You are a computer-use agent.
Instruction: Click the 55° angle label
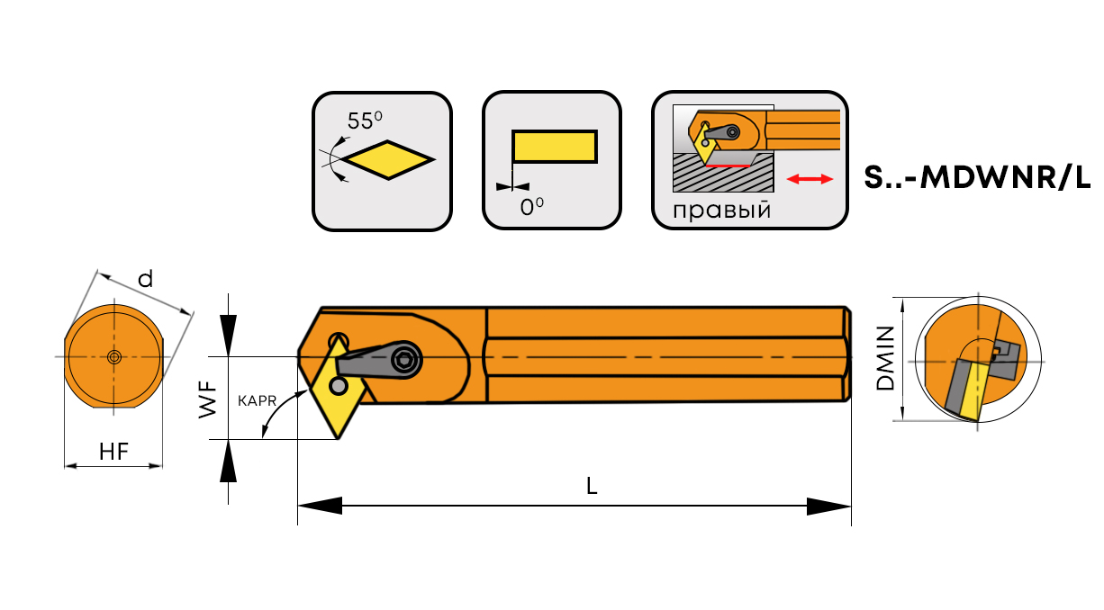tap(365, 121)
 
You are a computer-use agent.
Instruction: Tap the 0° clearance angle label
tap(532, 206)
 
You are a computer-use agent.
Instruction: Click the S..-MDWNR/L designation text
tap(977, 179)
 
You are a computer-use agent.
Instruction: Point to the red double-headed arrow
tap(810, 180)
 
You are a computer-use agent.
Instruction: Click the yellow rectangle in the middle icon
tap(554, 147)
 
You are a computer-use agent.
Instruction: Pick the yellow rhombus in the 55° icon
tap(389, 160)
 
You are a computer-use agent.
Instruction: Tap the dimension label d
tap(145, 279)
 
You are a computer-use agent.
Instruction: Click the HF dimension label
tap(113, 453)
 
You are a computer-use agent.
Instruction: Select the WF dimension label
tap(209, 399)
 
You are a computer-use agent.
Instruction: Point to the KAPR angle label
tap(257, 400)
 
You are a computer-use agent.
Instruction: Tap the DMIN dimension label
tap(886, 358)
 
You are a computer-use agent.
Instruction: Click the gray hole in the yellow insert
tap(338, 385)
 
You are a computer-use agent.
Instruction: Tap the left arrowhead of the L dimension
tap(320, 507)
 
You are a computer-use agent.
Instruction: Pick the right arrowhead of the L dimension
tap(828, 507)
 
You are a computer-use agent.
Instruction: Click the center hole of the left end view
tap(113, 357)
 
